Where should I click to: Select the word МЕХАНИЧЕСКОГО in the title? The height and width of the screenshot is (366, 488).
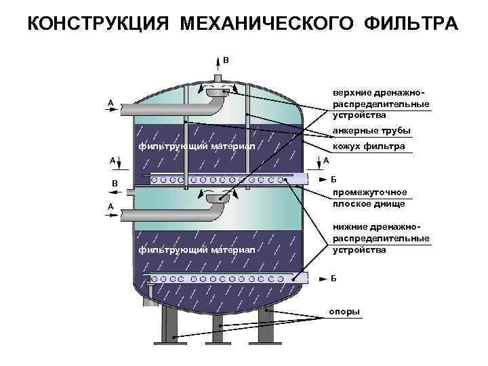coord(266,24)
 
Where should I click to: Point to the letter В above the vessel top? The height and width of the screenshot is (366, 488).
coord(226,60)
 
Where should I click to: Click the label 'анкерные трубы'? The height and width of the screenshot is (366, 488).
coord(371,130)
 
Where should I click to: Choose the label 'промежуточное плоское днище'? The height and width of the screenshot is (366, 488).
coord(369,197)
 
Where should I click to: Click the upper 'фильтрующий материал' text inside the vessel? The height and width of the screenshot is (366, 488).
coord(197,146)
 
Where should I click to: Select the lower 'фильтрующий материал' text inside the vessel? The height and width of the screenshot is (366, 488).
coord(197,250)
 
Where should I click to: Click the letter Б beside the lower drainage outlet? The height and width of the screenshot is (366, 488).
coord(333,279)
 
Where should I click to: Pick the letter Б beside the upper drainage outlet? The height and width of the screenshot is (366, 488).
coord(333,180)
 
